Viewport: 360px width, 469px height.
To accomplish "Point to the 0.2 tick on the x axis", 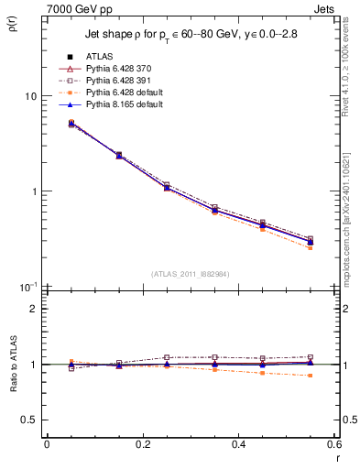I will (x=142, y=444).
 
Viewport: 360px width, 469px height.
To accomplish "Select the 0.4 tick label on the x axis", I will (x=238, y=444).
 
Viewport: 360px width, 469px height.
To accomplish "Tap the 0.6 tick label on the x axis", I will (x=333, y=444).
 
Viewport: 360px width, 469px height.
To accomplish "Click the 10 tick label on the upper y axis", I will (x=30, y=96).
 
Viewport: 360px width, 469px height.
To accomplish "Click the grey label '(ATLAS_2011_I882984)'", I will (x=190, y=273).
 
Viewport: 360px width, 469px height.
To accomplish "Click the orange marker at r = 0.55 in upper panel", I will (x=310, y=248).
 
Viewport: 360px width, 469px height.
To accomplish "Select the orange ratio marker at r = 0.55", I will (x=310, y=376).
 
